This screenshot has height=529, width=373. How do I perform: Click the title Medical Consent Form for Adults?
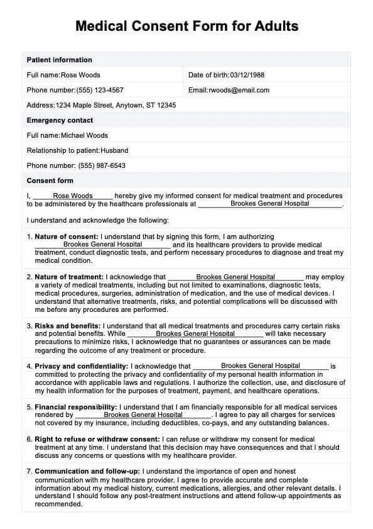pyautogui.click(x=186, y=26)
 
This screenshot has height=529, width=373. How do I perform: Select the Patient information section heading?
pyautogui.click(x=59, y=60)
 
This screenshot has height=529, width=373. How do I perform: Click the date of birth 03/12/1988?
pyautogui.click(x=247, y=75)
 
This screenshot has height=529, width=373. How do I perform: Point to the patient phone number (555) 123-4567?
pyautogui.click(x=100, y=90)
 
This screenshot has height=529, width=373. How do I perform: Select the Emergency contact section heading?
pyautogui.click(x=60, y=120)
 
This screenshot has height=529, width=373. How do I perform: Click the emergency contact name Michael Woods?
pyautogui.click(x=84, y=135)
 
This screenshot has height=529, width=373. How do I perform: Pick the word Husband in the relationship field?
pyautogui.click(x=114, y=150)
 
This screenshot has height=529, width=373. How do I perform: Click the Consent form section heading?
pyautogui.click(x=50, y=181)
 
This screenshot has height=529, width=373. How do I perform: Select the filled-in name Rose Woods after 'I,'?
pyautogui.click(x=73, y=196)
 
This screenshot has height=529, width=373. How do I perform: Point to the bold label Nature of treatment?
pyautogui.click(x=69, y=277)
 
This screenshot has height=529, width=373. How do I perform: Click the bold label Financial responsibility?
pyautogui.click(x=76, y=407)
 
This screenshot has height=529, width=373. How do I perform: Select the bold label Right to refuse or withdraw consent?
pyautogui.click(x=97, y=439)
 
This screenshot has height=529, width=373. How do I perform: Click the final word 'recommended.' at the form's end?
pyautogui.click(x=55, y=504)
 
